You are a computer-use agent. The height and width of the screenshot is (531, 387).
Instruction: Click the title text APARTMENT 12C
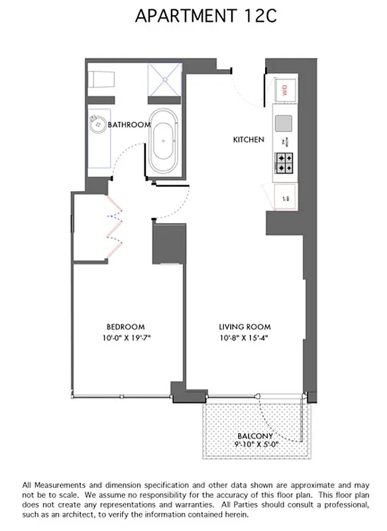point(195,17)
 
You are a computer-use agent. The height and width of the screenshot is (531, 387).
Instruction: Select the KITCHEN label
point(249,140)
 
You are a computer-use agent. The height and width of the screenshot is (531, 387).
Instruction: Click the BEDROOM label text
point(126,327)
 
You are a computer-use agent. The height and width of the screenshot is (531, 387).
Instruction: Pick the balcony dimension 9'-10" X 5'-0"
point(255,444)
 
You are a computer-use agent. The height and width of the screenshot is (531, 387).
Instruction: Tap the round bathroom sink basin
point(97,123)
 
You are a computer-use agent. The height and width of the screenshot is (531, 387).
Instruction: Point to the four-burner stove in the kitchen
point(285,163)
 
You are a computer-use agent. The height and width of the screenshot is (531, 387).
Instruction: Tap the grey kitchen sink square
point(283,123)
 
